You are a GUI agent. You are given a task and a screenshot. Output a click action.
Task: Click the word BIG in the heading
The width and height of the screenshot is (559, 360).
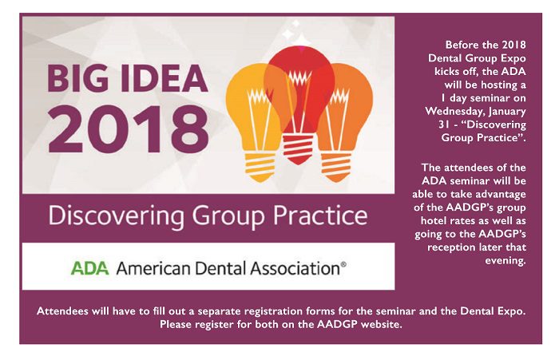point(77,78)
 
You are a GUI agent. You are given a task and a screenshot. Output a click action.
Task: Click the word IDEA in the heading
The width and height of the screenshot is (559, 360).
point(165,78)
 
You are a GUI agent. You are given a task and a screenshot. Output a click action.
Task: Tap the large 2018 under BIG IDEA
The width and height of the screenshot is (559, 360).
point(129,129)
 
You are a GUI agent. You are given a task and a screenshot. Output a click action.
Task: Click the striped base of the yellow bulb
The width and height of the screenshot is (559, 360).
point(260,167)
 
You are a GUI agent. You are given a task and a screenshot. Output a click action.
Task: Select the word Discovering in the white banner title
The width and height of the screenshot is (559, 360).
point(117,216)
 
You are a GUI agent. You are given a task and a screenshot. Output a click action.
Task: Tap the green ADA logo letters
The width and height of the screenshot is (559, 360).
point(89,268)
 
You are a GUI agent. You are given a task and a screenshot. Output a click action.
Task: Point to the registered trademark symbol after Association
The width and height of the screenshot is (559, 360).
point(343,264)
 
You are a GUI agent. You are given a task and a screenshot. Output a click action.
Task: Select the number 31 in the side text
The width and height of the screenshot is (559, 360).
point(443,125)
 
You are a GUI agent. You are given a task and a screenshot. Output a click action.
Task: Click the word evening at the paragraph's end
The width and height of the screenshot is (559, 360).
point(505,261)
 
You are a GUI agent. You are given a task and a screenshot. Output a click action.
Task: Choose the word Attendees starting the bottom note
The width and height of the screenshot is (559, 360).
point(62,311)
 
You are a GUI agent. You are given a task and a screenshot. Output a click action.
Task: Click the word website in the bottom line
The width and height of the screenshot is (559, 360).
point(382,324)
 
